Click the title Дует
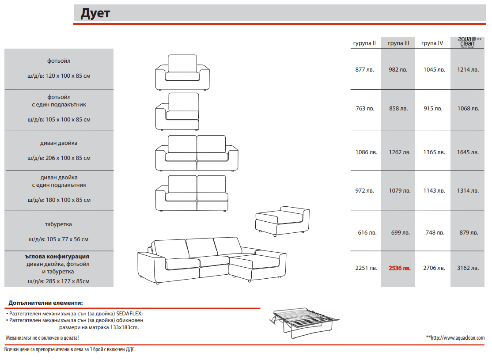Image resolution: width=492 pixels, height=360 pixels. tap(95, 14)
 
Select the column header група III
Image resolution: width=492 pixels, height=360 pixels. tap(398, 43)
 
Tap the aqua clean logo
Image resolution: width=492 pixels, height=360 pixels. tap(467, 42)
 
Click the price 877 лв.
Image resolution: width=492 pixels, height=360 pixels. tap(365, 70)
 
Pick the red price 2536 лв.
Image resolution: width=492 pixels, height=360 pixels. tap(399, 268)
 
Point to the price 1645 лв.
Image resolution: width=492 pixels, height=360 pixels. tap(468, 152)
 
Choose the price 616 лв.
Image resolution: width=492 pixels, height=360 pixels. tap(367, 233)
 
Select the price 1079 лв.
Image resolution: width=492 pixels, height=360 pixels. tap(399, 191)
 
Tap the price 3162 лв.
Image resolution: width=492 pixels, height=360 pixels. tap(468, 268)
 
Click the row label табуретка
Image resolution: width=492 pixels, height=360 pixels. tap(58, 224)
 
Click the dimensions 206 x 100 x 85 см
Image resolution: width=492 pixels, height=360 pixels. tap(68, 158)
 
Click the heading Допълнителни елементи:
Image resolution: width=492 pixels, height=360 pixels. tap(45, 303)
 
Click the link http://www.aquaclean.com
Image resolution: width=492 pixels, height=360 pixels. tap(458, 338)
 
